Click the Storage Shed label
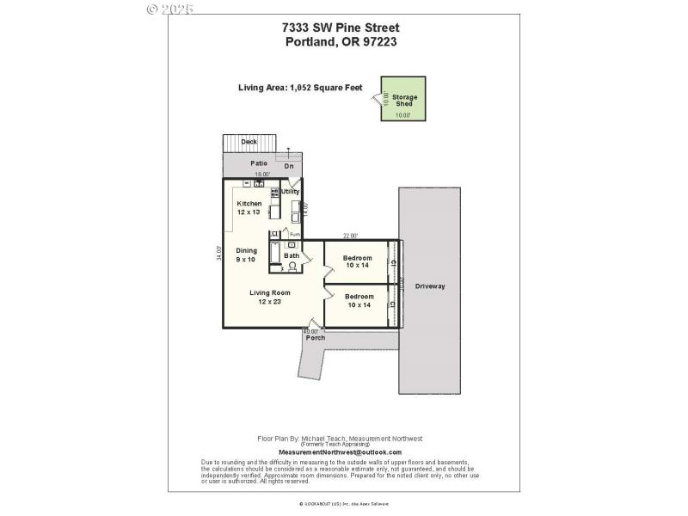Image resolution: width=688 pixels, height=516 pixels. pos(404,100)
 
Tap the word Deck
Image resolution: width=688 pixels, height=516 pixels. pos(249,142)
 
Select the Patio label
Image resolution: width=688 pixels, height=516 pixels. pos(259,163)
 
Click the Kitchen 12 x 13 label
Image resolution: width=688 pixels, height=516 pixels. pos(249,207)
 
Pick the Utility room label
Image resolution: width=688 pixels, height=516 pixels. pos(291,192)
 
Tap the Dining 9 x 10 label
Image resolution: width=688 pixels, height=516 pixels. pos(246,255)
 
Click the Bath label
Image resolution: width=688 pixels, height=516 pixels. pos(292,255)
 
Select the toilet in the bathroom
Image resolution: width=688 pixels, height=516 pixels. pos(292,266)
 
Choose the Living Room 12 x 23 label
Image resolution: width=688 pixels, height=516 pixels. pos(270,297)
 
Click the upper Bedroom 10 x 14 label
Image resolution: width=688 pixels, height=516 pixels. pos(357,262)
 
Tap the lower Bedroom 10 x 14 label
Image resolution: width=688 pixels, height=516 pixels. pos(359,301)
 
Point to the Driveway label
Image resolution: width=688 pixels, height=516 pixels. pos(430,286)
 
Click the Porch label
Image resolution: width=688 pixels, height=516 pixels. pos(316,337)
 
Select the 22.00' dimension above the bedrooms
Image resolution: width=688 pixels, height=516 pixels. pos(350,236)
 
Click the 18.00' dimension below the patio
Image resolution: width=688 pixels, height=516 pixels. pos(262,175)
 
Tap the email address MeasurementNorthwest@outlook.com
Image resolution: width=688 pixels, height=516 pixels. pos(340,451)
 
